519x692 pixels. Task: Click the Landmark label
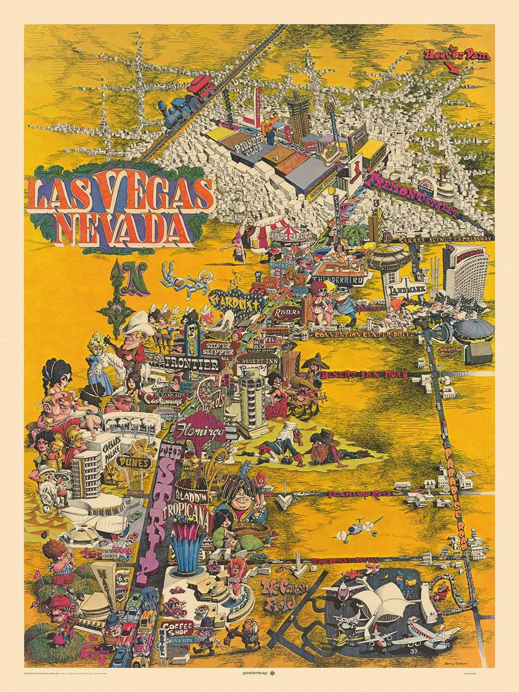click(x=407, y=290)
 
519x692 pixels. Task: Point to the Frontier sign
click(x=191, y=363)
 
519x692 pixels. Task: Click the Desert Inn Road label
click(x=364, y=374)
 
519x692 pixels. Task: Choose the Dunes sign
click(x=134, y=462)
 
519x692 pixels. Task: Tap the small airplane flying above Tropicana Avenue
click(x=358, y=528)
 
